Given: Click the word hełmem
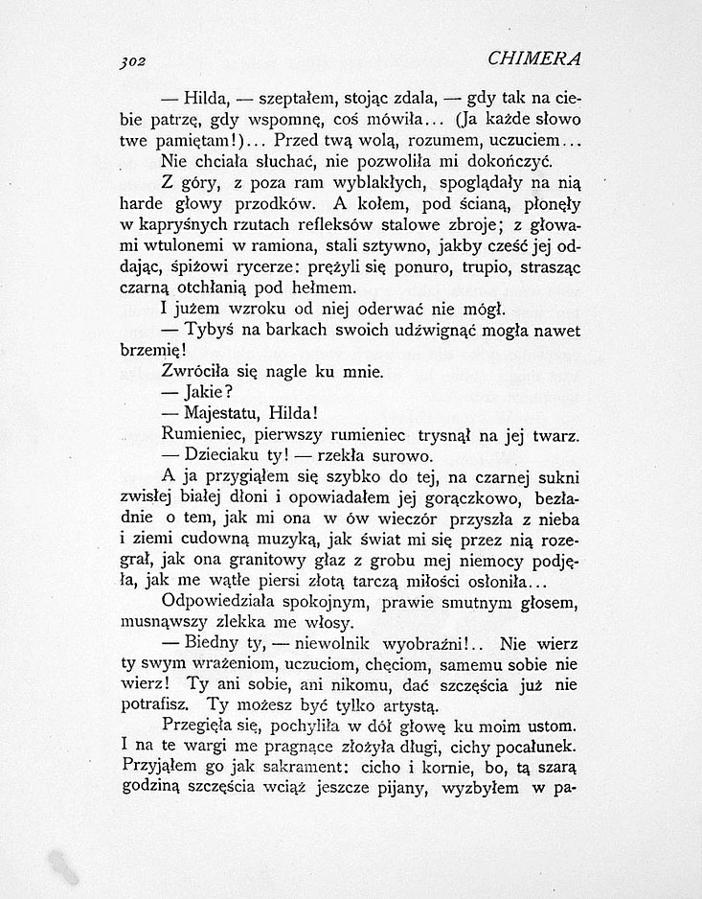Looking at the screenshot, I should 323,288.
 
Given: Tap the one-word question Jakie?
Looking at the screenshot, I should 206,393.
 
